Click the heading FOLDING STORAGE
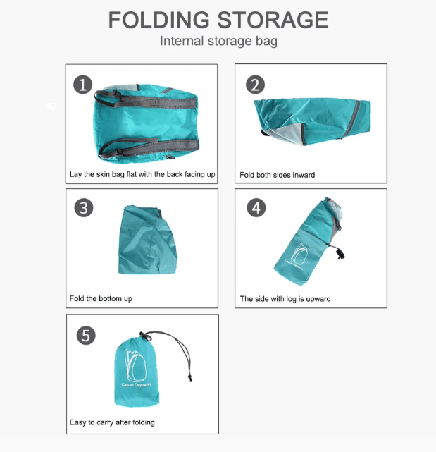pyautogui.click(x=218, y=19)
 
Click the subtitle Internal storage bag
pyautogui.click(x=218, y=41)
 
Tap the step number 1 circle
pyautogui.click(x=83, y=85)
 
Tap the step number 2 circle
pyautogui.click(x=255, y=85)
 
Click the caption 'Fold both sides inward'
pyautogui.click(x=277, y=175)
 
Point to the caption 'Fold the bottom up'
pyautogui.click(x=101, y=298)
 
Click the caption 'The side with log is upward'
pyautogui.click(x=285, y=299)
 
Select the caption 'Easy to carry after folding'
pyautogui.click(x=112, y=422)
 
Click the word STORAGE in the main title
pyautogui.click(x=273, y=19)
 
